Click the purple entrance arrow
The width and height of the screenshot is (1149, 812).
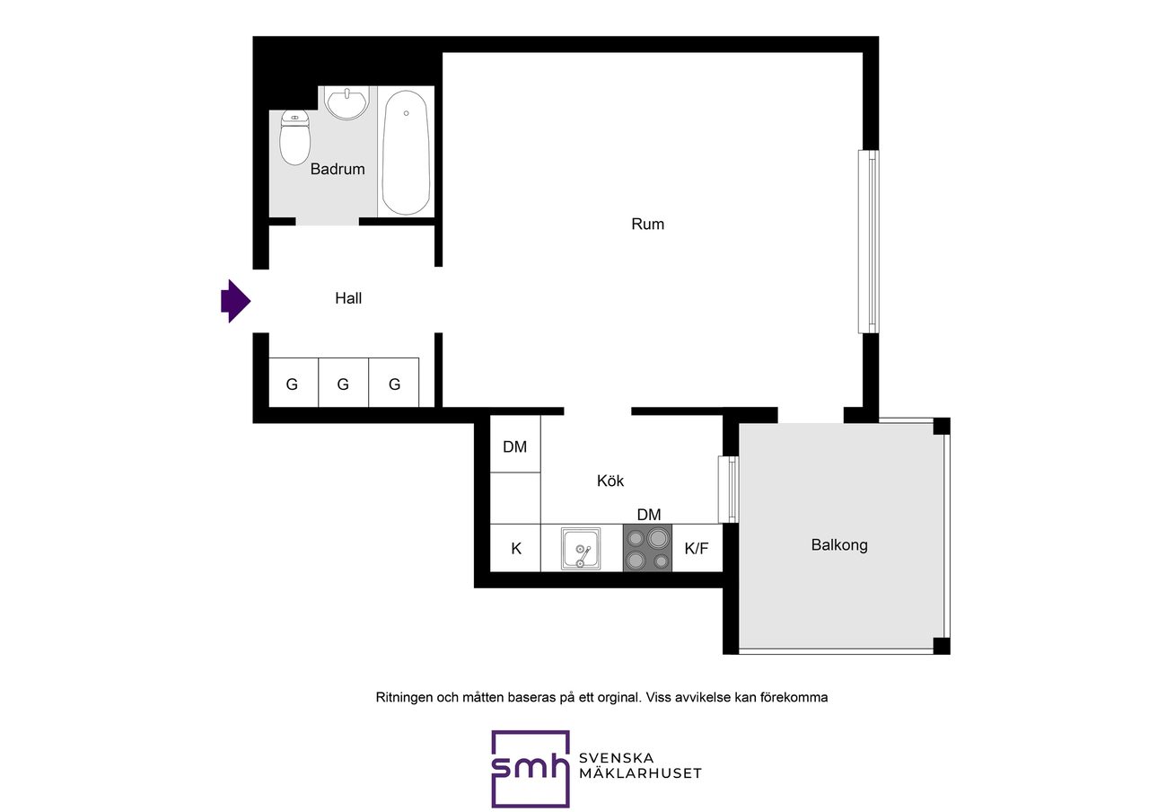235,301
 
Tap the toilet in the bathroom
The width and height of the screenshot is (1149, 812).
295,137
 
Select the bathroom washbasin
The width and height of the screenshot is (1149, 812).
347,104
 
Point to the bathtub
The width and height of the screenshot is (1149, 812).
406,153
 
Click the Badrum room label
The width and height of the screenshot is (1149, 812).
338,169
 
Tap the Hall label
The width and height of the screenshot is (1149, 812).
348,298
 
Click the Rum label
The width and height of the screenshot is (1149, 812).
647,224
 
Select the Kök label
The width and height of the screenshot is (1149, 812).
610,481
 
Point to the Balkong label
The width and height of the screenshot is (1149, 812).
839,544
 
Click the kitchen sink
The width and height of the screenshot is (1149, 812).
581,548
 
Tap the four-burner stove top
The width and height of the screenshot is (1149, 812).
647,548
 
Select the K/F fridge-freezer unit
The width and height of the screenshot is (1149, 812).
697,548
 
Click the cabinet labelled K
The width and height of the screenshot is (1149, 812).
515,548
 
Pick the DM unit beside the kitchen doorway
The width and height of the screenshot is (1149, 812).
515,444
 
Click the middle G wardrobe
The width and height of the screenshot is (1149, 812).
343,383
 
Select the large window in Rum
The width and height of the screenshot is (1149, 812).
868,242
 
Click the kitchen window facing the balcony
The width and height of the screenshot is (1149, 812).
728,490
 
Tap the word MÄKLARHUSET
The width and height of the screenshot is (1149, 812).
640,773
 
